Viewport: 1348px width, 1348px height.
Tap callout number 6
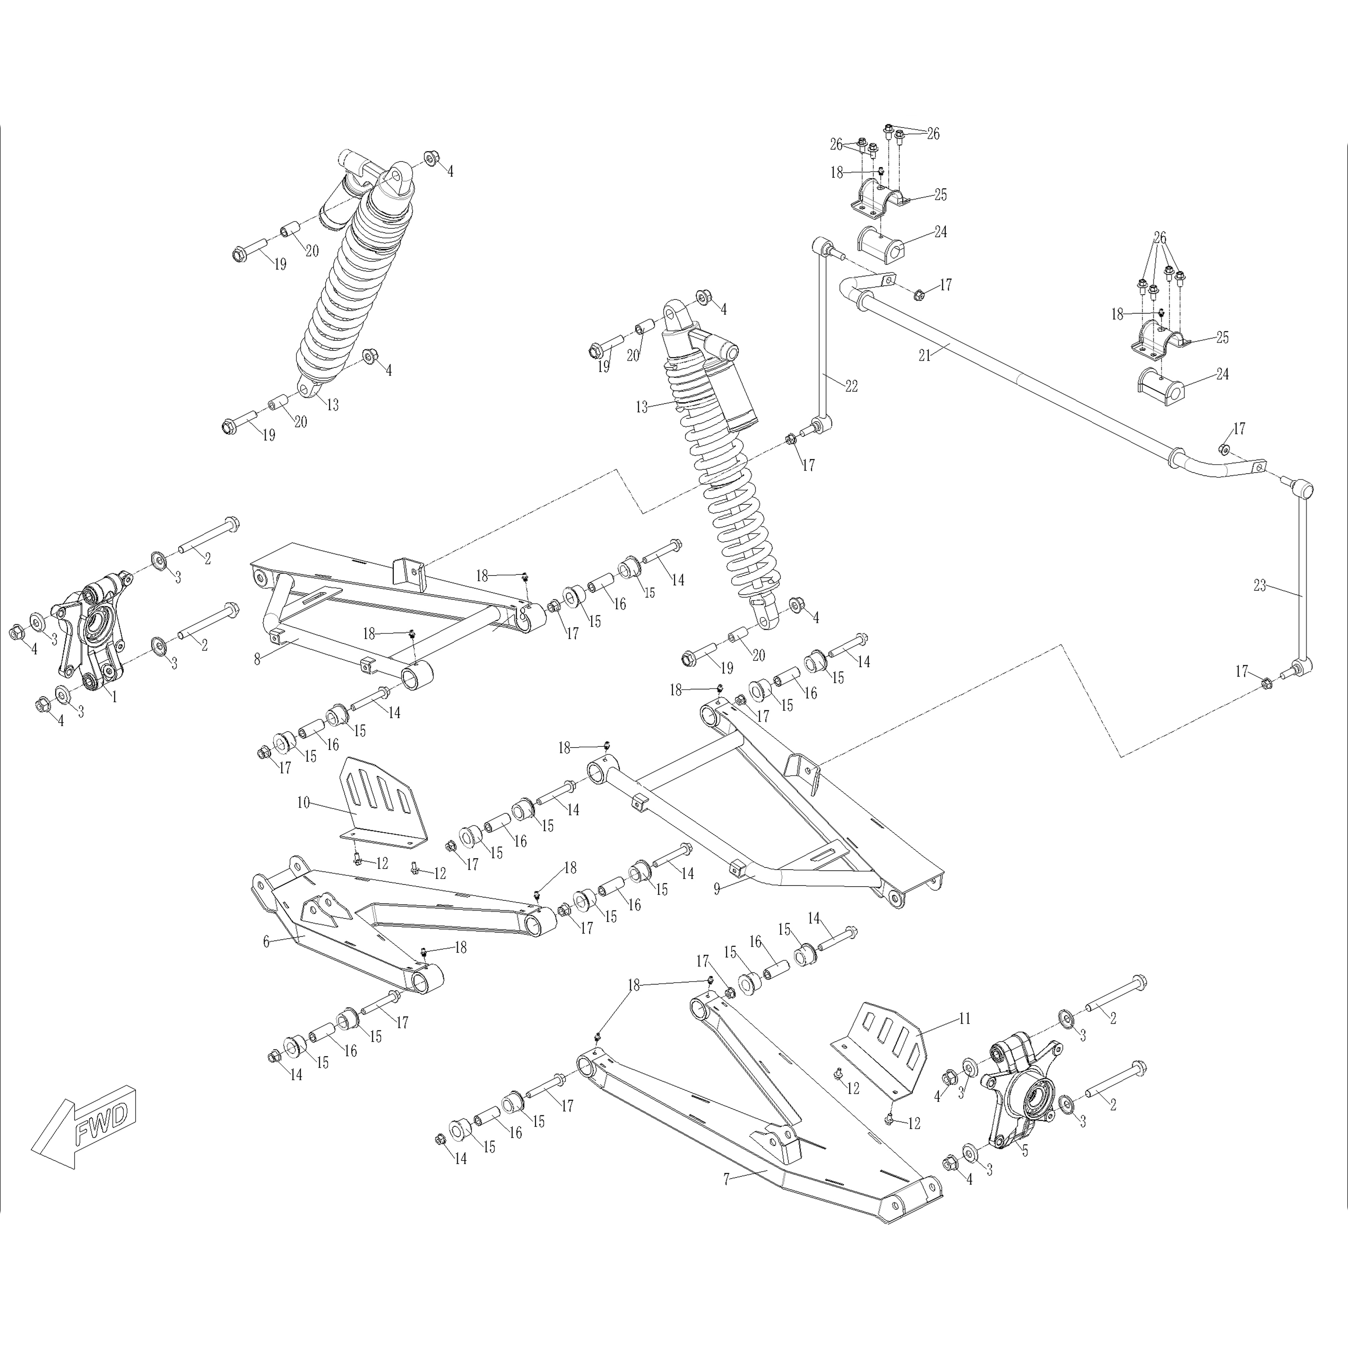point(266,941)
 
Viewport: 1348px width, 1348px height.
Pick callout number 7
point(726,1179)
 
